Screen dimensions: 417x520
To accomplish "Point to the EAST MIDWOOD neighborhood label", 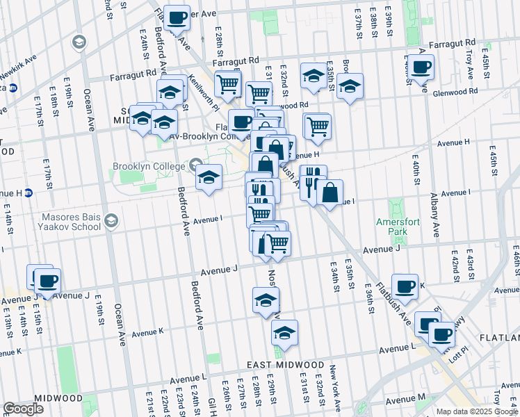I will click(x=285, y=365).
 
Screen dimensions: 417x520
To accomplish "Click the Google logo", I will click(x=23, y=409).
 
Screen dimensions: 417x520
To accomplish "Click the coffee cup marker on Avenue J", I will click(x=47, y=281).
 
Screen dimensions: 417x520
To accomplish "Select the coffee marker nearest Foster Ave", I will click(x=177, y=17).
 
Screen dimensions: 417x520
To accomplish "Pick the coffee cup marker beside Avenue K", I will click(x=405, y=286).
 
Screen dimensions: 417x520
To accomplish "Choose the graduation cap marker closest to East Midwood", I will click(x=284, y=334).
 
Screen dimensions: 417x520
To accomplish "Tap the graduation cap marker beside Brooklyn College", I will click(x=209, y=177).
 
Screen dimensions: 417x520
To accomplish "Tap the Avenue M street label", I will click(x=405, y=400).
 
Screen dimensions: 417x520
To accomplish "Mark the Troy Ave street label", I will click(x=469, y=56).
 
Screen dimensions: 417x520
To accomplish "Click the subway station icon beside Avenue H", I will click(x=29, y=193).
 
